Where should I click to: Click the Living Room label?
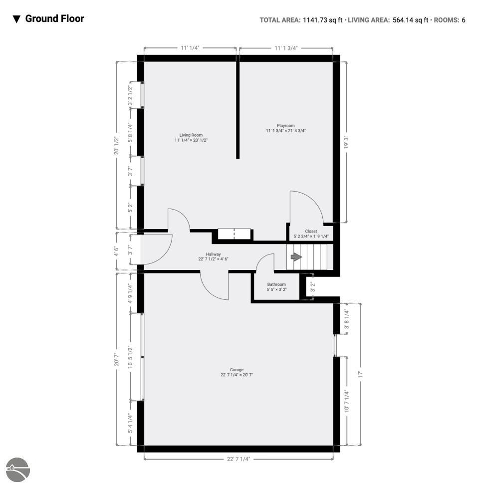tap(191, 135)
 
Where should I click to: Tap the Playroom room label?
tap(286, 126)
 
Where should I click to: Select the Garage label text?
tap(237, 370)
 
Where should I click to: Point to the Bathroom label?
tap(276, 284)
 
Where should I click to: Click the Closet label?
tap(311, 231)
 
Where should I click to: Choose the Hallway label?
tap(214, 254)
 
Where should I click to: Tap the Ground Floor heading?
tap(55, 18)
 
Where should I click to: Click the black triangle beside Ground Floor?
tap(16, 19)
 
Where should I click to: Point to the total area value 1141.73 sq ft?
tap(322, 20)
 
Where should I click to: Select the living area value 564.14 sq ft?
tap(410, 20)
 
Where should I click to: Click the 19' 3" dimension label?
tap(346, 142)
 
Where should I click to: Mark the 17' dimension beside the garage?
tap(360, 374)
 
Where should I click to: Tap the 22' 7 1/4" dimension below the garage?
tap(239, 459)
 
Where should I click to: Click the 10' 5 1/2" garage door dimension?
tap(130, 357)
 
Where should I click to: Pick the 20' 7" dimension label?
tap(117, 359)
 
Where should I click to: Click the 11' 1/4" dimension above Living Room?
tap(190, 47)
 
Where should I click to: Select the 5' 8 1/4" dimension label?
tap(130, 133)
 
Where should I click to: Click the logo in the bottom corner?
tap(17, 470)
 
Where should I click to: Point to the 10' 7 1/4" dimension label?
tap(346, 401)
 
